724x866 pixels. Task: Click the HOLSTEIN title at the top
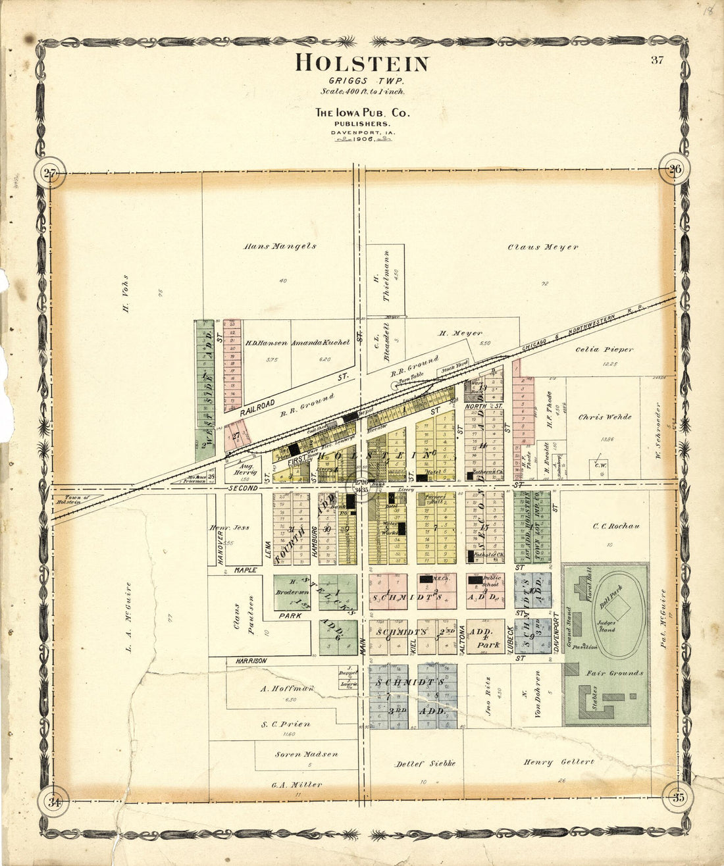pos(362,63)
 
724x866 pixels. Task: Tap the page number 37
pos(657,61)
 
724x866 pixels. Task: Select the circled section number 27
pos(49,174)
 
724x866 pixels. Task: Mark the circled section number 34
pos(54,802)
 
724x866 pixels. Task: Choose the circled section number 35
pos(678,798)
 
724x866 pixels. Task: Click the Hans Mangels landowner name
pos(280,247)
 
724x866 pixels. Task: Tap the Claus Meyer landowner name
pos(543,247)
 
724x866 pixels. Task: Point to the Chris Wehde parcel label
pos(605,417)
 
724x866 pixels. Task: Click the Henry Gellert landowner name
pos(559,762)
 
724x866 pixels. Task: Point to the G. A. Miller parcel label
pos(297,784)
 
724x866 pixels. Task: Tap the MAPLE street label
pos(245,570)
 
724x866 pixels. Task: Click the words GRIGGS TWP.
pos(361,80)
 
